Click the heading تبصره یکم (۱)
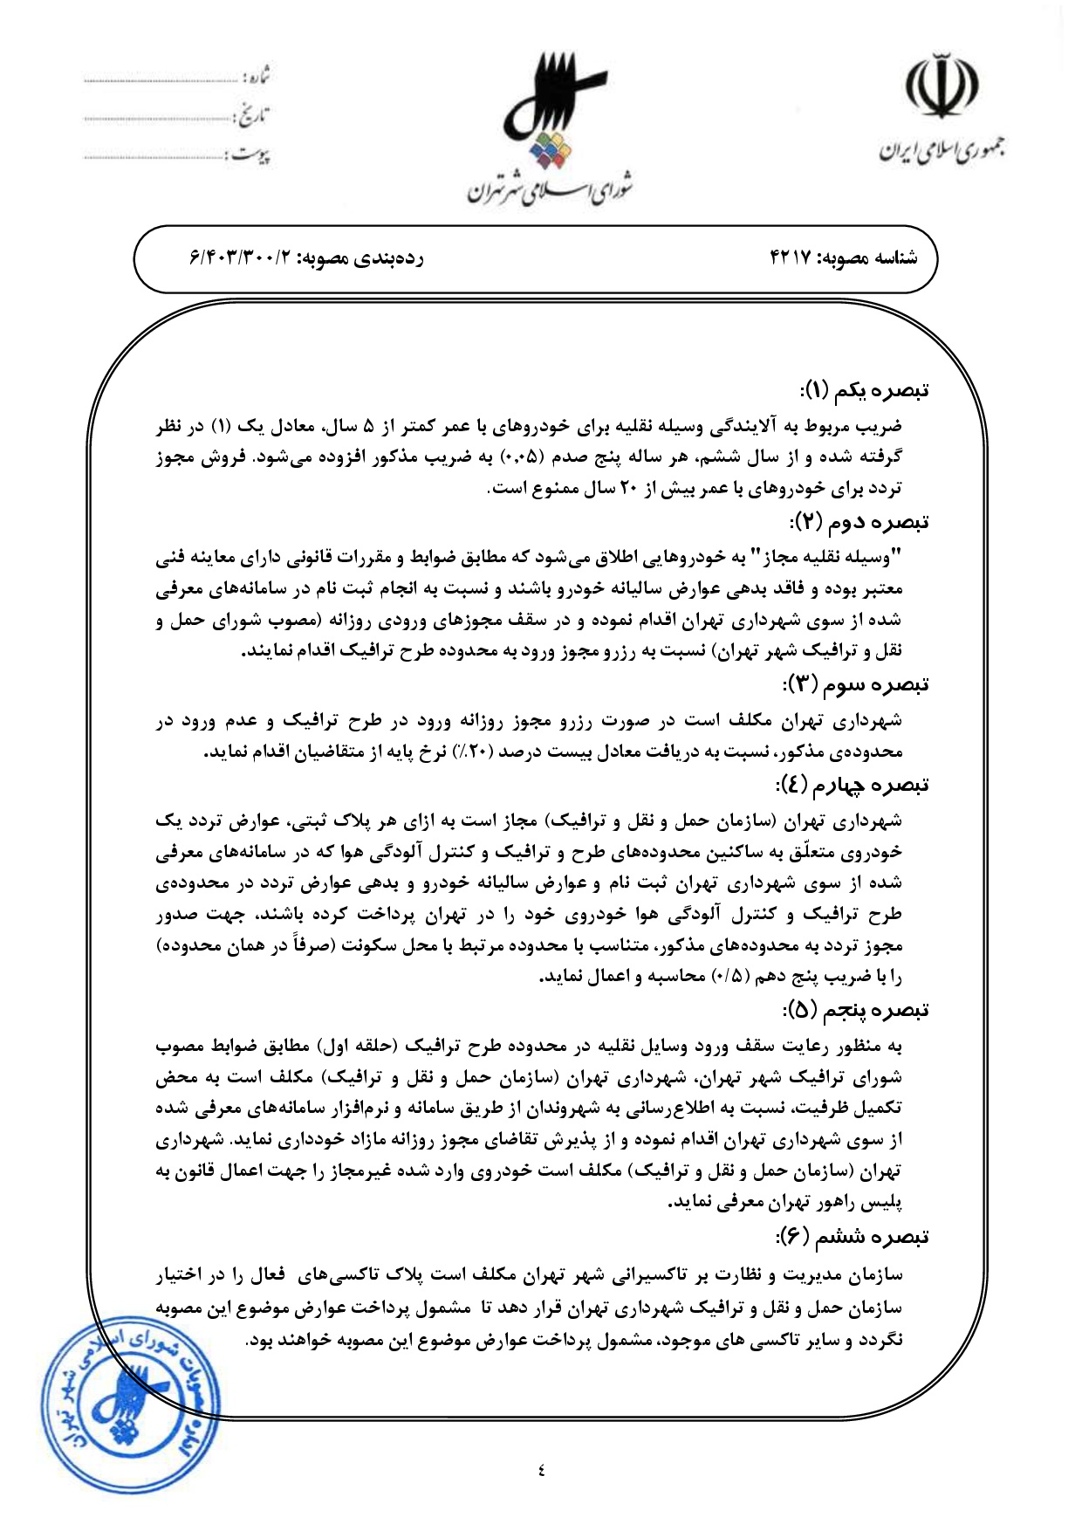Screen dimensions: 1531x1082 864,390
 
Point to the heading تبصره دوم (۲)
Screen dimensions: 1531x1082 859,523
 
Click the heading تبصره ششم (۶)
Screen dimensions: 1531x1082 853,1237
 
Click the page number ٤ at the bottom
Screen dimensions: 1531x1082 541,1470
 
